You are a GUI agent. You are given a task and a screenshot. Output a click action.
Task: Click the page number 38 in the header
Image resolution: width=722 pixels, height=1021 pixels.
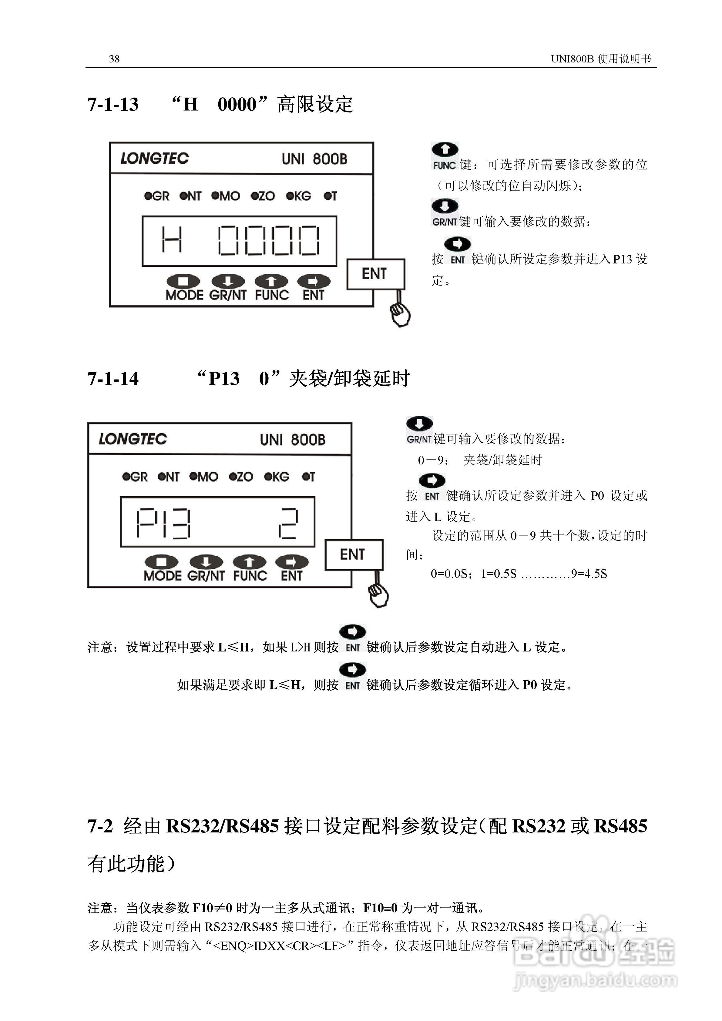click(x=114, y=59)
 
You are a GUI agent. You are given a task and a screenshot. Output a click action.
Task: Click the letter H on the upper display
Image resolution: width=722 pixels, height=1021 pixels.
click(x=172, y=240)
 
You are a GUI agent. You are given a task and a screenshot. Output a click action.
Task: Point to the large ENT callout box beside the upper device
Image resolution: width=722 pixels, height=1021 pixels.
click(x=375, y=274)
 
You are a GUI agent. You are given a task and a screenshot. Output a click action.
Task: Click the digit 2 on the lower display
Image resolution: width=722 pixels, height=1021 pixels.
click(x=288, y=524)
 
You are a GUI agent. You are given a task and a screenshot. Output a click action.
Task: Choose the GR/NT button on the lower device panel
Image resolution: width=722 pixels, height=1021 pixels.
click(x=206, y=568)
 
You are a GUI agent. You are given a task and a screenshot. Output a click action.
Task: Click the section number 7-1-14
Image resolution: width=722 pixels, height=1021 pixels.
click(x=113, y=378)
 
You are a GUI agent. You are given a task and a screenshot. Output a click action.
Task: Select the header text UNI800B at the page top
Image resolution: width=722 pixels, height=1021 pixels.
click(x=572, y=59)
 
